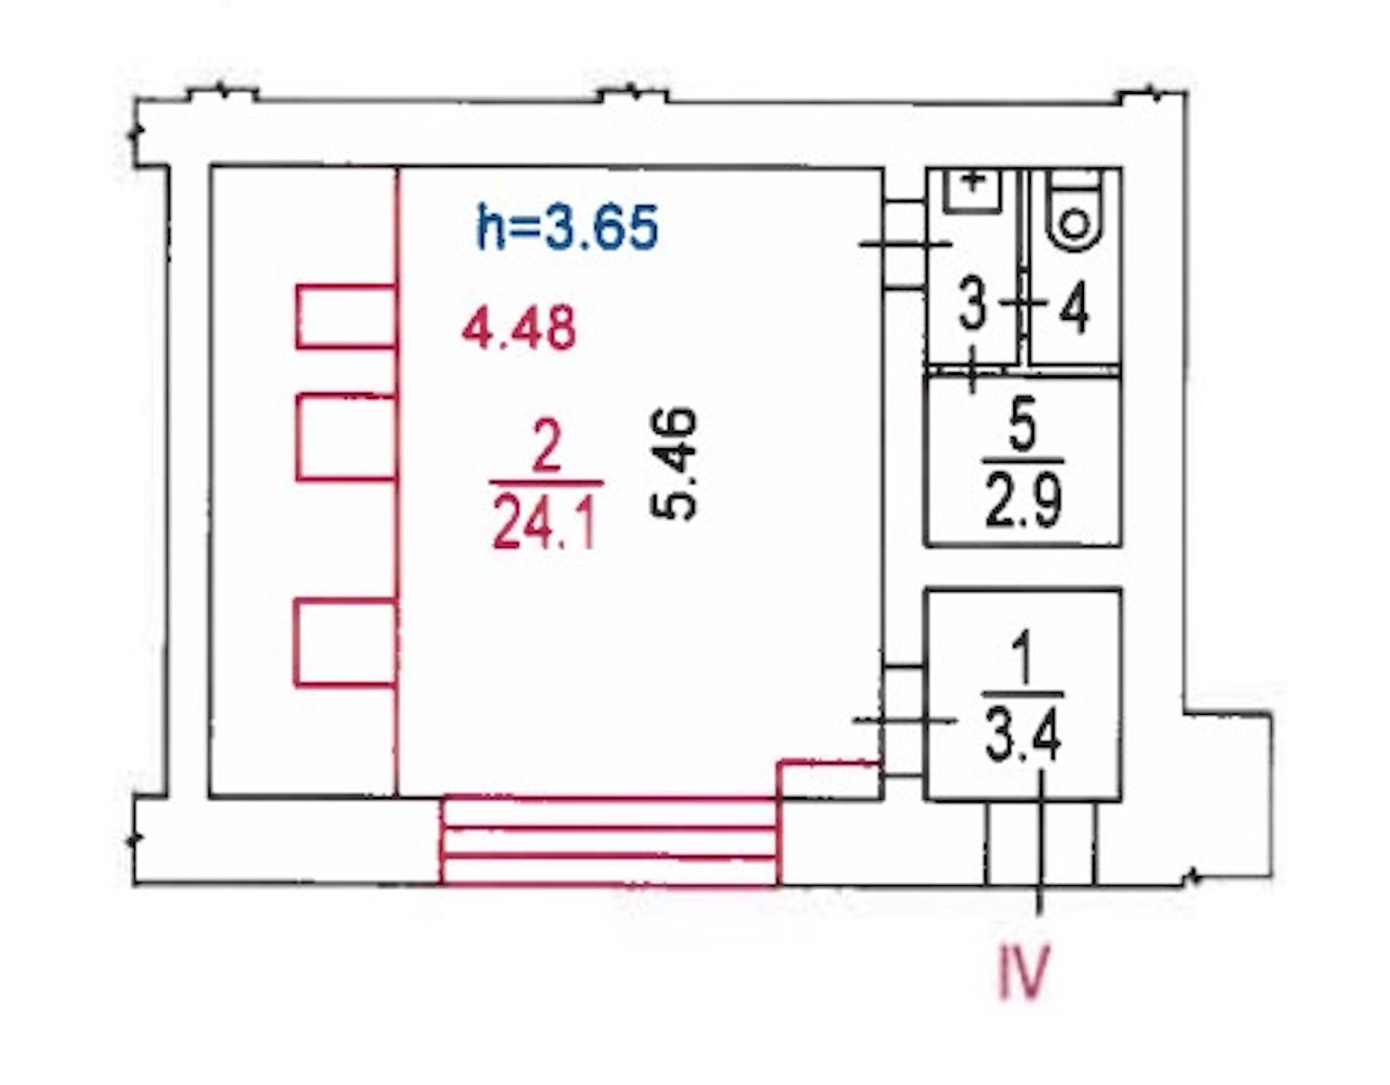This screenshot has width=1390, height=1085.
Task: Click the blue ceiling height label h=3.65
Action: [567, 226]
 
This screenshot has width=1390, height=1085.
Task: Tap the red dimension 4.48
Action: [520, 329]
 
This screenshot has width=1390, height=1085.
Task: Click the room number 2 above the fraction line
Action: [547, 448]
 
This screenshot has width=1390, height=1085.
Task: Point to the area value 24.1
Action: [544, 523]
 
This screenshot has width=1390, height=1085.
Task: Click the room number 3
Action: [972, 304]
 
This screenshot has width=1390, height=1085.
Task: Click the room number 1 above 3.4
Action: [1022, 658]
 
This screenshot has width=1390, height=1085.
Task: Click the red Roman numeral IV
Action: [1023, 971]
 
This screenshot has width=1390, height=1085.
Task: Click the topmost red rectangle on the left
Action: [346, 316]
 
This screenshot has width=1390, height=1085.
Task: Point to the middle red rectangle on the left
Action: [346, 437]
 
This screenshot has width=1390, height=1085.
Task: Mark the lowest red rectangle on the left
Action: [346, 643]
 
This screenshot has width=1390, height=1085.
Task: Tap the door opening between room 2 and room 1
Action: [904, 720]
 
